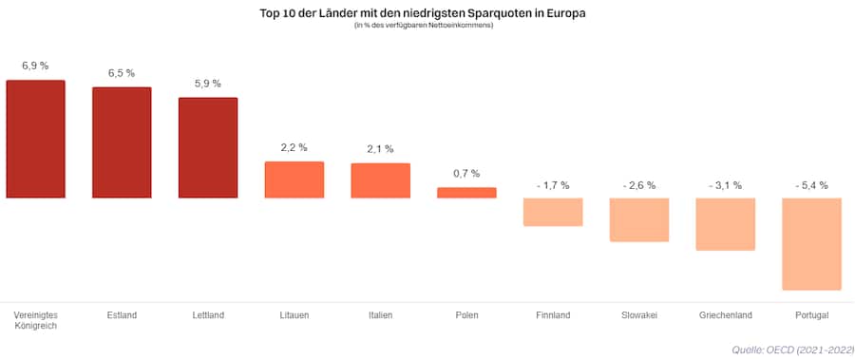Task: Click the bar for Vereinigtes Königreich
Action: point(35,139)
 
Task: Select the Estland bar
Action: point(122,142)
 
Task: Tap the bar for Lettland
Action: point(208,147)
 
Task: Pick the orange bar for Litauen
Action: point(294,180)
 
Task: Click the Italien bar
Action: point(380,180)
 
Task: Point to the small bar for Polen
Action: point(466,193)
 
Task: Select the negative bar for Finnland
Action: point(553,212)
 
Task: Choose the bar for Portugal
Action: point(811,244)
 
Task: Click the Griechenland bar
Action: point(726,224)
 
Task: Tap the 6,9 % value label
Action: point(35,66)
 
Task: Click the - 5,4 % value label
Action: point(811,185)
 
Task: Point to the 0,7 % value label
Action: point(466,174)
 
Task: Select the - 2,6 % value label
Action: point(639,185)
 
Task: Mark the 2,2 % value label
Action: point(294,147)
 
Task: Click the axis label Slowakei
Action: point(639,314)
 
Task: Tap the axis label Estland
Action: point(122,314)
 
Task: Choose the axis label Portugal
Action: point(811,314)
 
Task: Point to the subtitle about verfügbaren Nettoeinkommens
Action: point(424,26)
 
